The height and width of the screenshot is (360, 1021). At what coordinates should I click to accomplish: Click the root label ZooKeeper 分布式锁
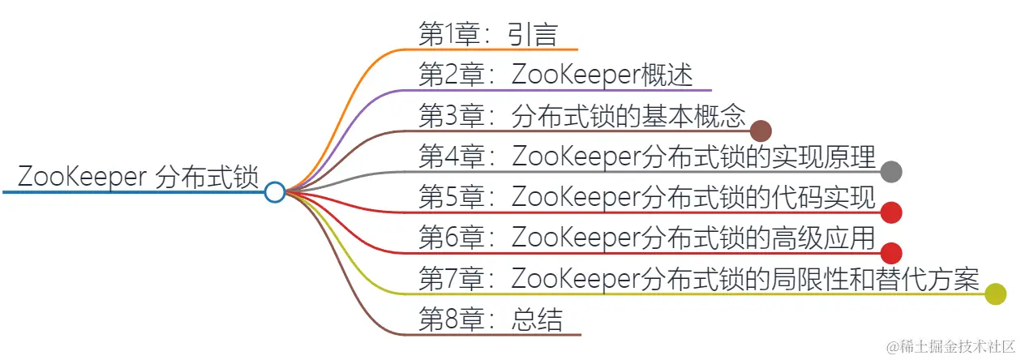[x=138, y=176]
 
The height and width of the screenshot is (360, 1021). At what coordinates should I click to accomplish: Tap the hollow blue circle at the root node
[x=275, y=192]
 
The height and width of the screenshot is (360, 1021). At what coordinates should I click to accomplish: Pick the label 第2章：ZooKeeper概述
[x=556, y=75]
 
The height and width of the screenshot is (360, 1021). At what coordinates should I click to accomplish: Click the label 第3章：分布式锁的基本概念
[x=581, y=116]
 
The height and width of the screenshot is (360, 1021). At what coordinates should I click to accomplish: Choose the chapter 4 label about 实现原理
[x=646, y=156]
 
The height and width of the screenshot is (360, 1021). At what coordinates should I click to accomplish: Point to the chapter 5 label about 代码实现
[x=646, y=197]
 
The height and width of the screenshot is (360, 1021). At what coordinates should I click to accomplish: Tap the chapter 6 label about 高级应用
[x=646, y=238]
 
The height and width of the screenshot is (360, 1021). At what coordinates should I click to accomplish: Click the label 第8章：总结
[x=490, y=319]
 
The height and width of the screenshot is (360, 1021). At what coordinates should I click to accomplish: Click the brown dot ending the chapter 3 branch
[x=761, y=131]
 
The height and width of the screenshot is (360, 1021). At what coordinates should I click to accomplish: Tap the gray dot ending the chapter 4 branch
[x=891, y=171]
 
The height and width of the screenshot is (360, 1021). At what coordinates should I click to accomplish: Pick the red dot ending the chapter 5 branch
[x=891, y=212]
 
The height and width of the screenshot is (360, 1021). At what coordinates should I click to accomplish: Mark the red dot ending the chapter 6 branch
[x=891, y=253]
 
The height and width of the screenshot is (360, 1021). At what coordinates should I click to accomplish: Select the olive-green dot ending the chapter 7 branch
[x=996, y=294]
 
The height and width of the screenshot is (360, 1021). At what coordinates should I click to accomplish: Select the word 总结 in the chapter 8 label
[x=537, y=319]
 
